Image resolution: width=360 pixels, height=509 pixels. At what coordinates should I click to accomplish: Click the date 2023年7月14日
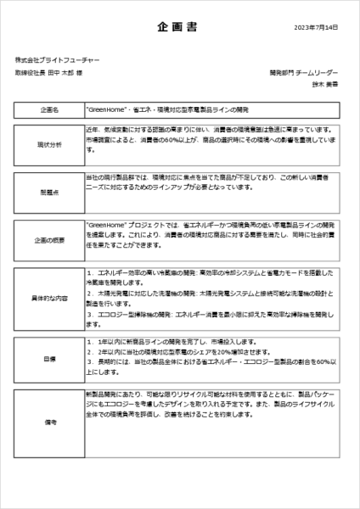pos(317,28)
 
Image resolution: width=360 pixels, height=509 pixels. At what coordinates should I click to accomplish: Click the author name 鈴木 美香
pos(324,85)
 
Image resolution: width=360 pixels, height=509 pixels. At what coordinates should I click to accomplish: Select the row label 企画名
pos(50,110)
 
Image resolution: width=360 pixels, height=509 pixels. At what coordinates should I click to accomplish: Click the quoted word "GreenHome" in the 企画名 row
pos(107,110)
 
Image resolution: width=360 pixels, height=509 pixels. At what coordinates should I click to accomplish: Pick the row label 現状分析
pos(50,144)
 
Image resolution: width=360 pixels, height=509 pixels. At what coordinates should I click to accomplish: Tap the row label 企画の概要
pos(50,240)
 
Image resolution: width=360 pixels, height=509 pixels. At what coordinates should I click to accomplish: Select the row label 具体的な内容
pos(50,299)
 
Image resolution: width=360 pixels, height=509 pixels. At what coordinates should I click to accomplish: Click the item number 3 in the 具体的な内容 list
pos(90,313)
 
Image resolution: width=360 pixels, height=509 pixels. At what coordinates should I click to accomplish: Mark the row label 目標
pos(50,360)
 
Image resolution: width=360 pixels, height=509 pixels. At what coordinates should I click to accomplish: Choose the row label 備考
pos(50,421)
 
